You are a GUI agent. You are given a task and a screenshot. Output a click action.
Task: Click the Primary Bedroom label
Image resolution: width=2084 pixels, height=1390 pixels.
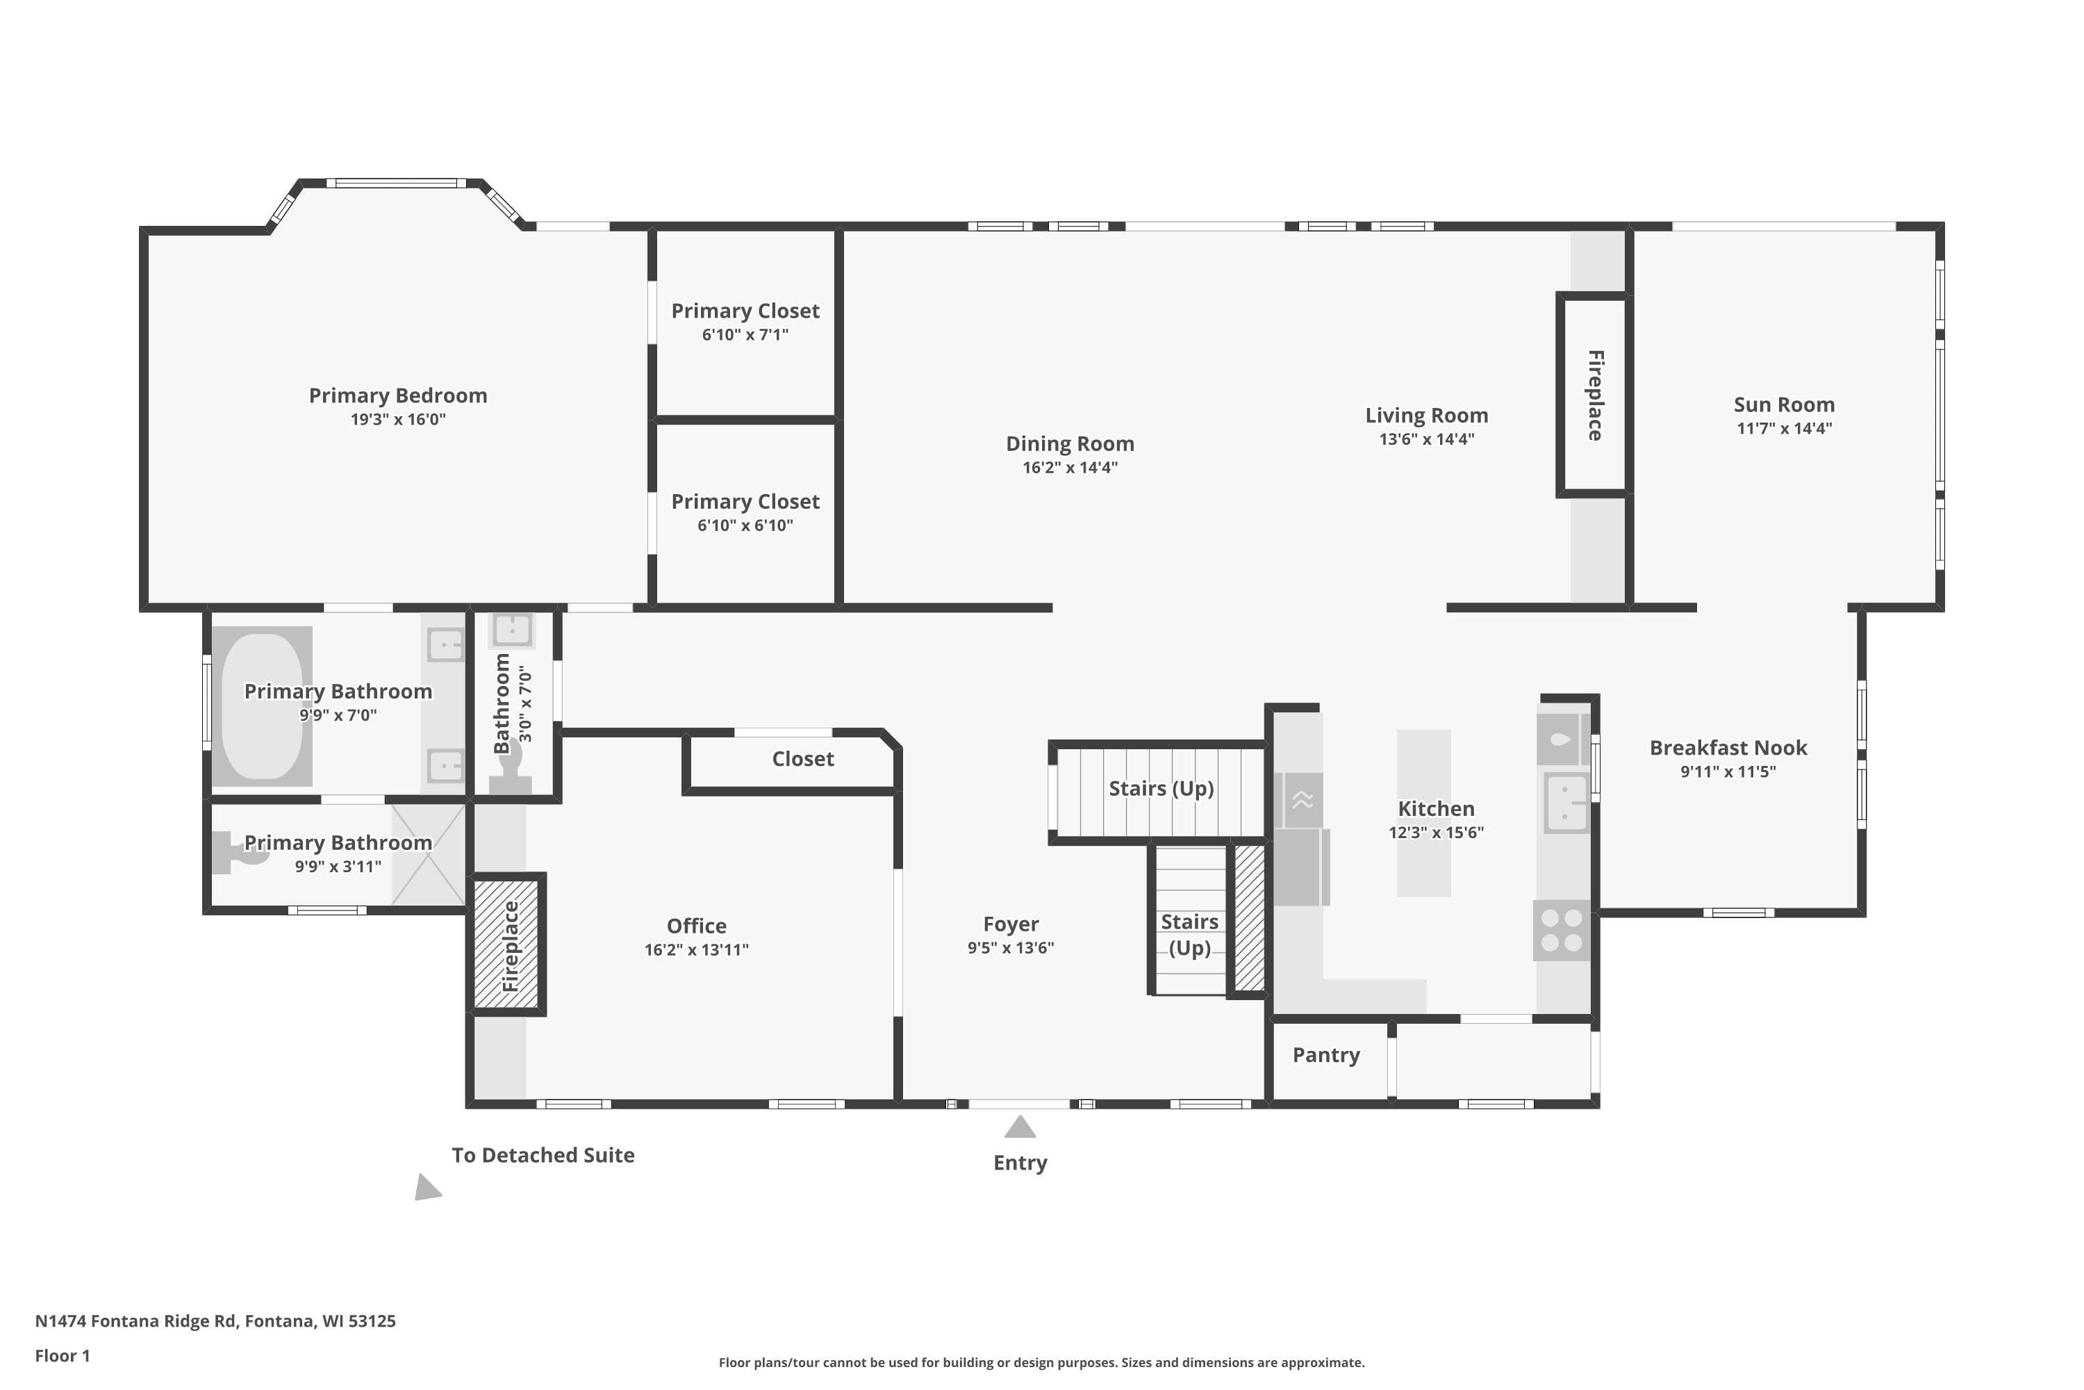[398, 395]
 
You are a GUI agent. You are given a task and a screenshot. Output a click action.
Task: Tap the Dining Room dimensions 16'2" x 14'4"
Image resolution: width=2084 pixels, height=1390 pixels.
[1070, 467]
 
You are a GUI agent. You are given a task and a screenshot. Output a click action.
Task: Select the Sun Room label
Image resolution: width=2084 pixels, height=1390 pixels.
[1784, 404]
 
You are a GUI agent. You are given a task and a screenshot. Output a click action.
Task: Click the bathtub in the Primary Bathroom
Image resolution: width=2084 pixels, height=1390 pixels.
[263, 705]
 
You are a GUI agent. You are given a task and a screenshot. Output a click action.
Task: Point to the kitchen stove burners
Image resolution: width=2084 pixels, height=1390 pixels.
[1561, 931]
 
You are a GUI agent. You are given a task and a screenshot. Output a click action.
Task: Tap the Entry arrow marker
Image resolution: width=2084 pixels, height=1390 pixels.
[1020, 1127]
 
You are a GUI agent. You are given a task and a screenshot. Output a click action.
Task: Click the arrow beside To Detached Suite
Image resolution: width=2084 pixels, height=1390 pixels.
[427, 1188]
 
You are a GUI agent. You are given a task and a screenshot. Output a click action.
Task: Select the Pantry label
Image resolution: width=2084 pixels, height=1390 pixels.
[1325, 1055]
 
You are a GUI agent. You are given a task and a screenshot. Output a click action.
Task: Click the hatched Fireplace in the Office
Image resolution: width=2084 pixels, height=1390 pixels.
[508, 944]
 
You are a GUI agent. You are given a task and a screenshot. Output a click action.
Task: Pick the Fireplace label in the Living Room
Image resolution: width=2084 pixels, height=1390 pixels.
[1595, 395]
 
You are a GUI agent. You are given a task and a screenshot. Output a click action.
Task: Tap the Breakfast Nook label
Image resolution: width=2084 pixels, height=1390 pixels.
[1728, 747]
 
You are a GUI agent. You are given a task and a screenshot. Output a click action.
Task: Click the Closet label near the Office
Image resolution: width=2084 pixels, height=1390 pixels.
[803, 759]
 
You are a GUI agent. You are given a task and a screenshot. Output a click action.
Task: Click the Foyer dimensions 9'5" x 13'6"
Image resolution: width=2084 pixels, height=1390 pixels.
[1010, 948]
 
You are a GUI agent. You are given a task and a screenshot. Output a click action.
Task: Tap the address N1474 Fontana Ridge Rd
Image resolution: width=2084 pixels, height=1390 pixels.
[135, 1321]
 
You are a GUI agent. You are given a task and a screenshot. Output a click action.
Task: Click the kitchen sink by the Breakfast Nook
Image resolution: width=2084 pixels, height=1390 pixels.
[1566, 802]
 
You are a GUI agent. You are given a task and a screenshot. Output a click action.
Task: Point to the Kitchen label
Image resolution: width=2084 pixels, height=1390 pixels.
[1437, 808]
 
